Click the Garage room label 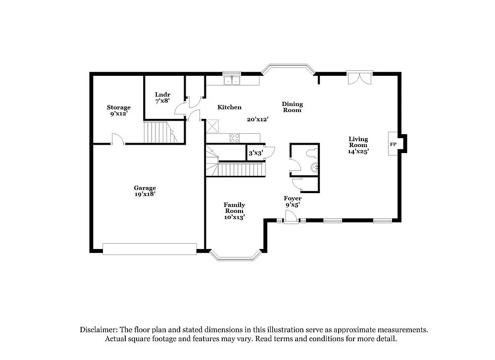click(145, 191)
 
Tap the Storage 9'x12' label click(119, 110)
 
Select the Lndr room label click(162, 97)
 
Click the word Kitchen click(230, 107)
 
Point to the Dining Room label click(292, 107)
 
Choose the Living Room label click(358, 146)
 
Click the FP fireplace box click(394, 144)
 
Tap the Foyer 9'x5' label click(293, 201)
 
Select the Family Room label click(234, 210)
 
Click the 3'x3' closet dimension click(255, 153)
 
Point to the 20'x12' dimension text click(257, 119)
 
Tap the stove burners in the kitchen click(235, 138)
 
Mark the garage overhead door click(150, 249)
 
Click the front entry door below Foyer click(291, 218)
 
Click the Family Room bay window click(235, 257)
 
